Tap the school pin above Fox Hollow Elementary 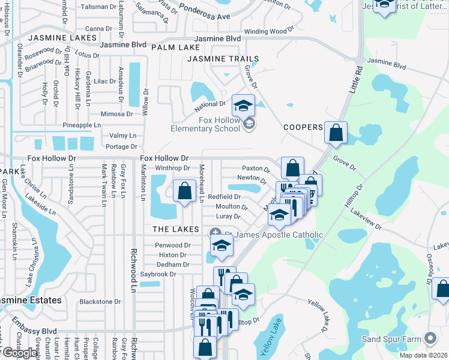[243, 106]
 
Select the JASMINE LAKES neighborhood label [62, 38]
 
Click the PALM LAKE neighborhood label [175, 47]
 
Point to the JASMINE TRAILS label [223, 59]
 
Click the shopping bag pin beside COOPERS [336, 132]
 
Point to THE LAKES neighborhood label [175, 229]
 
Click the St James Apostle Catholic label [274, 235]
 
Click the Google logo [19, 353]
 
